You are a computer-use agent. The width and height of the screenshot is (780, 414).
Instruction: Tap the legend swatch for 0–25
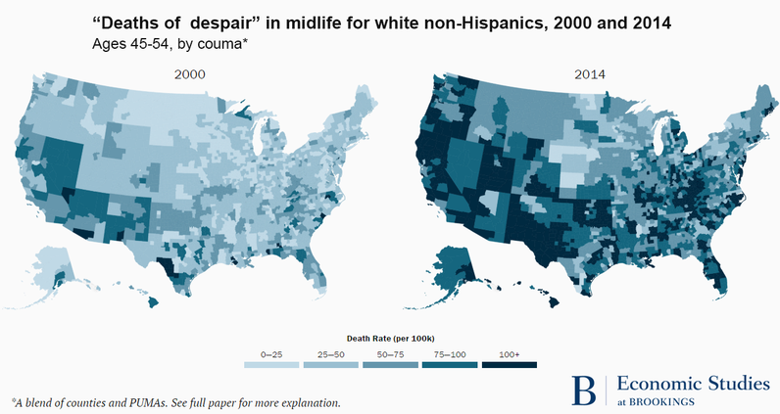271,364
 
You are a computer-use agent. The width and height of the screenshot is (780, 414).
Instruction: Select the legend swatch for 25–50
330,364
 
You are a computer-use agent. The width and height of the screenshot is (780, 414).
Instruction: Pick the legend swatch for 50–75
390,364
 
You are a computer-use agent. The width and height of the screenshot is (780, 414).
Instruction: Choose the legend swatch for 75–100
449,364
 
